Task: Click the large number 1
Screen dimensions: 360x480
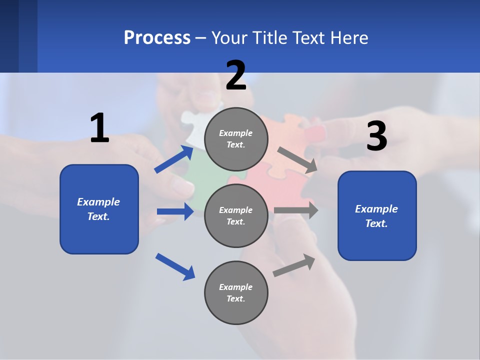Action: (x=99, y=128)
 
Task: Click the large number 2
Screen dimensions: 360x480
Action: (x=236, y=75)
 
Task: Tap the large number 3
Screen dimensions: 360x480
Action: (x=376, y=136)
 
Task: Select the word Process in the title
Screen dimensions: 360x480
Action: (x=157, y=37)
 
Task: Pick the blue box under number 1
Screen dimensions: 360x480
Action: (x=99, y=209)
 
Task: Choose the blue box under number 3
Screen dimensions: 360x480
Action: (x=377, y=215)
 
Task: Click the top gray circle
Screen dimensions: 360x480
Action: (x=236, y=139)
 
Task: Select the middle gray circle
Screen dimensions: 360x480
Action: (x=236, y=215)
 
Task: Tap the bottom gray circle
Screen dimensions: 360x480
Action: (x=236, y=292)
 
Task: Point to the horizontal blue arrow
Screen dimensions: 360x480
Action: (x=175, y=211)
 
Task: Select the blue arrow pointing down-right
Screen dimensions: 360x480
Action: (x=175, y=266)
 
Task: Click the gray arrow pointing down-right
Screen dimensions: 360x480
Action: (x=297, y=160)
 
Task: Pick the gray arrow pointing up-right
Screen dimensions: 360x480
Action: (x=294, y=265)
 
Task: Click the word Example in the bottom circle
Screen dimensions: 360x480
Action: (x=235, y=287)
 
